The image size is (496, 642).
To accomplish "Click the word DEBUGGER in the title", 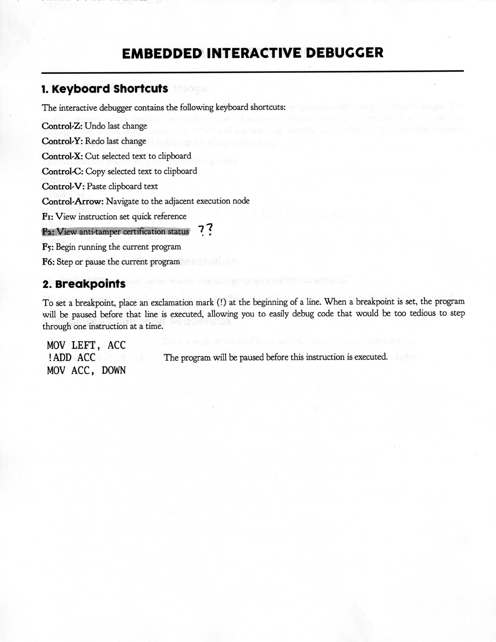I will click(344, 53).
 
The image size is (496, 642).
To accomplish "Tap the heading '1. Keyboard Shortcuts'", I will click(105, 89).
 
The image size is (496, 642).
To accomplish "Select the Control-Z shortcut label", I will click(62, 126).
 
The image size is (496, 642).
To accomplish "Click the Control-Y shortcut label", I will click(62, 141).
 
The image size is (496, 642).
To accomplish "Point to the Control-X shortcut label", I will click(62, 156).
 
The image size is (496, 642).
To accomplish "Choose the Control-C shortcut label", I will click(62, 171).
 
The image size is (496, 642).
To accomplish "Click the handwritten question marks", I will click(206, 231).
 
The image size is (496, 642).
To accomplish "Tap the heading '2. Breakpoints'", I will click(84, 284).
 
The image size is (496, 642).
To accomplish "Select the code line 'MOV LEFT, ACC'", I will click(86, 345).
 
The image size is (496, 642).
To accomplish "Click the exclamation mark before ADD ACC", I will click(49, 357).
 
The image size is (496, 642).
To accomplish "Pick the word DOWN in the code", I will click(113, 370).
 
